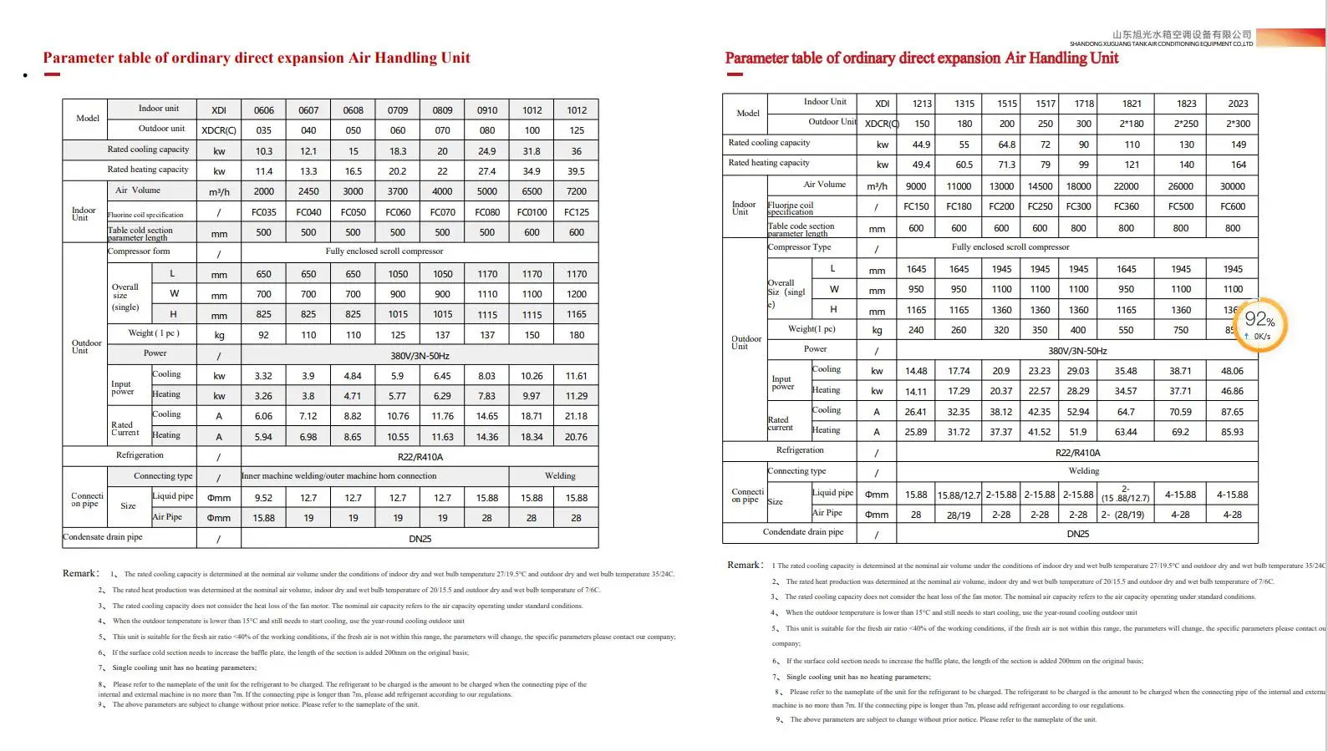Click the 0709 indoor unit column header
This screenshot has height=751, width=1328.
(398, 110)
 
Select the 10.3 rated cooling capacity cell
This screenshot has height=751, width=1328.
(264, 151)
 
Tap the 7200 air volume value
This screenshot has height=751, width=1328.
(577, 191)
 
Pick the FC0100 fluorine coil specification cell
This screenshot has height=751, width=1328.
(532, 212)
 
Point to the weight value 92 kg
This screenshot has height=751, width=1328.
(264, 335)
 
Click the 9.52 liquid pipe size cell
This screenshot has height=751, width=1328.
(264, 498)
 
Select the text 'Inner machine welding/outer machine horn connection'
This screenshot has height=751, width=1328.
(339, 476)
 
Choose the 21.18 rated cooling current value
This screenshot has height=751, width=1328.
(576, 416)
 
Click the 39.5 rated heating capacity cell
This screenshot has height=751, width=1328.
(576, 171)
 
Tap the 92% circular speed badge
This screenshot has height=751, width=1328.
(1259, 323)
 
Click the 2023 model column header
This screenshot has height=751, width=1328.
(1238, 104)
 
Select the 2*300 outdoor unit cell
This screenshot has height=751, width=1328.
(1238, 124)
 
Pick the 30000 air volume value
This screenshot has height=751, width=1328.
(1232, 186)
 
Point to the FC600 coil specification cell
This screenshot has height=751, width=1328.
(1232, 206)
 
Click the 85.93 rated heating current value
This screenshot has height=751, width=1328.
(1232, 432)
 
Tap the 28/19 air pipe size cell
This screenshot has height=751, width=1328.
(959, 515)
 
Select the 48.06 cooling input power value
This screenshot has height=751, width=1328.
(1232, 371)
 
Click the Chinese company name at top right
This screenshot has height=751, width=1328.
(1182, 34)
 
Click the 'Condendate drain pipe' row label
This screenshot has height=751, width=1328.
(802, 532)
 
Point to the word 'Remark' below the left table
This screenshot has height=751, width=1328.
(79, 573)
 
